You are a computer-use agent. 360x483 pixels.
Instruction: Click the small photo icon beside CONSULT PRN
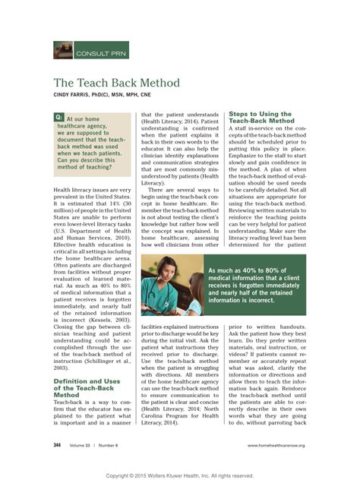pos(63,50)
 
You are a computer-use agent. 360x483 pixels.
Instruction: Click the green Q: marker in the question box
pos(59,118)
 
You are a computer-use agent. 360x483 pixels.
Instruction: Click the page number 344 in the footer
pos(58,444)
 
